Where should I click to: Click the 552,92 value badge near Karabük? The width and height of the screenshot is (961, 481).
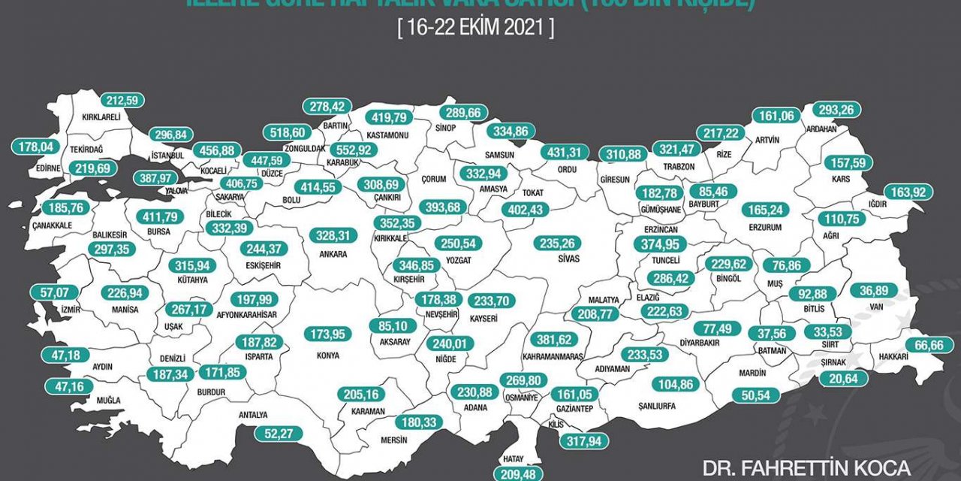[x=357, y=150]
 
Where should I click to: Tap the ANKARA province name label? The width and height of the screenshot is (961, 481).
[x=334, y=255]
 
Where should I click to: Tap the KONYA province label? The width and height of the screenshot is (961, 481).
[x=327, y=355]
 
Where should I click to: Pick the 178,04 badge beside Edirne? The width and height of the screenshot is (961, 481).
[x=36, y=147]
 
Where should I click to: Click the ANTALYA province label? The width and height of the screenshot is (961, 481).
[x=252, y=414]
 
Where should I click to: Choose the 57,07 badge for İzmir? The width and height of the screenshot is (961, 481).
[x=53, y=291]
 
